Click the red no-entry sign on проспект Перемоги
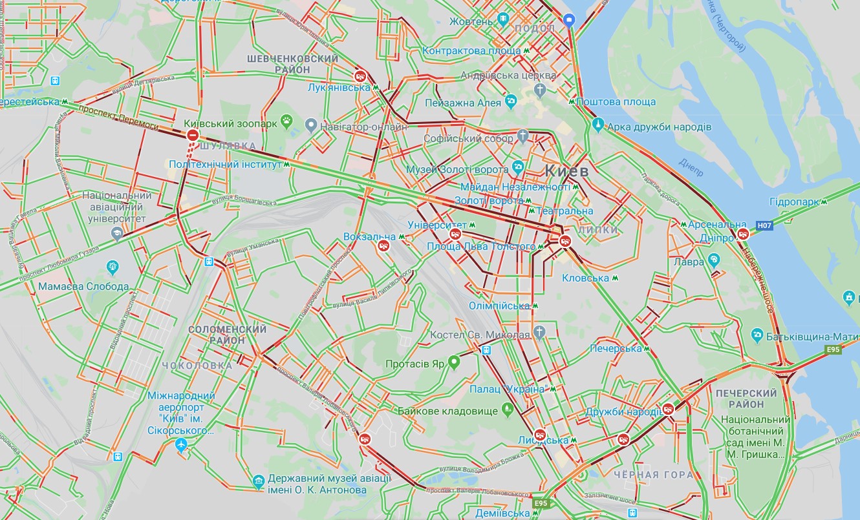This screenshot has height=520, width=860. click(193, 135)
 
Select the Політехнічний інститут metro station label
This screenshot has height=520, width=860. click(226, 164)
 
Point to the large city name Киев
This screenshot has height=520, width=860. click(567, 171)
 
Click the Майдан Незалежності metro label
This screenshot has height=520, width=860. click(515, 187)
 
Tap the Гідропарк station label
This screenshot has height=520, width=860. click(795, 202)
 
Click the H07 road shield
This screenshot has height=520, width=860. click(764, 225)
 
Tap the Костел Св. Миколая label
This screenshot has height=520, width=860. click(480, 334)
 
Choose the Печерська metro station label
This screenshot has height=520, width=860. click(616, 349)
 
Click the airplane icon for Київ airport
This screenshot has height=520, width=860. click(181, 445)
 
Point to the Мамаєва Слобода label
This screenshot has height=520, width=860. click(83, 286)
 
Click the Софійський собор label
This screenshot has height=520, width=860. click(468, 138)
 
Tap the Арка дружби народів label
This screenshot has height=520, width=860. click(660, 127)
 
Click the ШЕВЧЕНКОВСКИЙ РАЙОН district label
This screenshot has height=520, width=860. click(293, 64)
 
